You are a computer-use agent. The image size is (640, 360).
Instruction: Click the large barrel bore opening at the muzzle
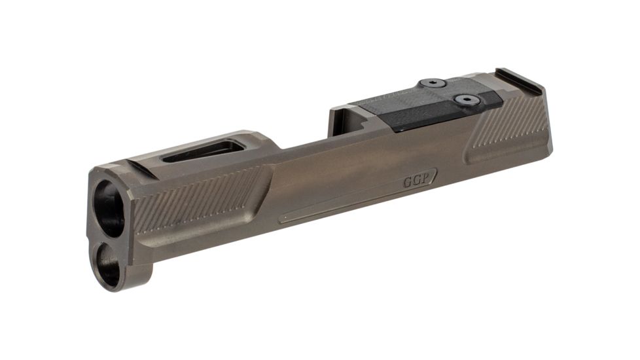[x=109, y=208]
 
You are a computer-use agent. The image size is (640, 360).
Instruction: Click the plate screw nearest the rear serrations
[x=467, y=100]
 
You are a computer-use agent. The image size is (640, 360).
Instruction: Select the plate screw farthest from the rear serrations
[x=433, y=83]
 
